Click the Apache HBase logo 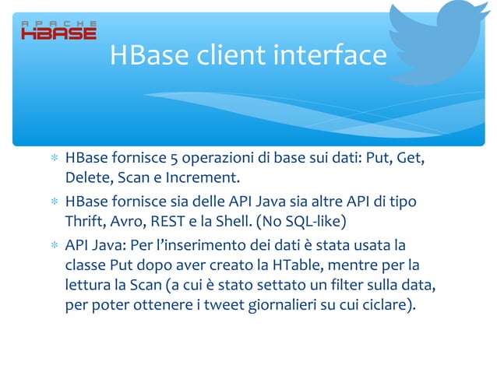click(x=58, y=30)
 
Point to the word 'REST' click(x=171, y=222)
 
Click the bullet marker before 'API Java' click(x=55, y=244)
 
